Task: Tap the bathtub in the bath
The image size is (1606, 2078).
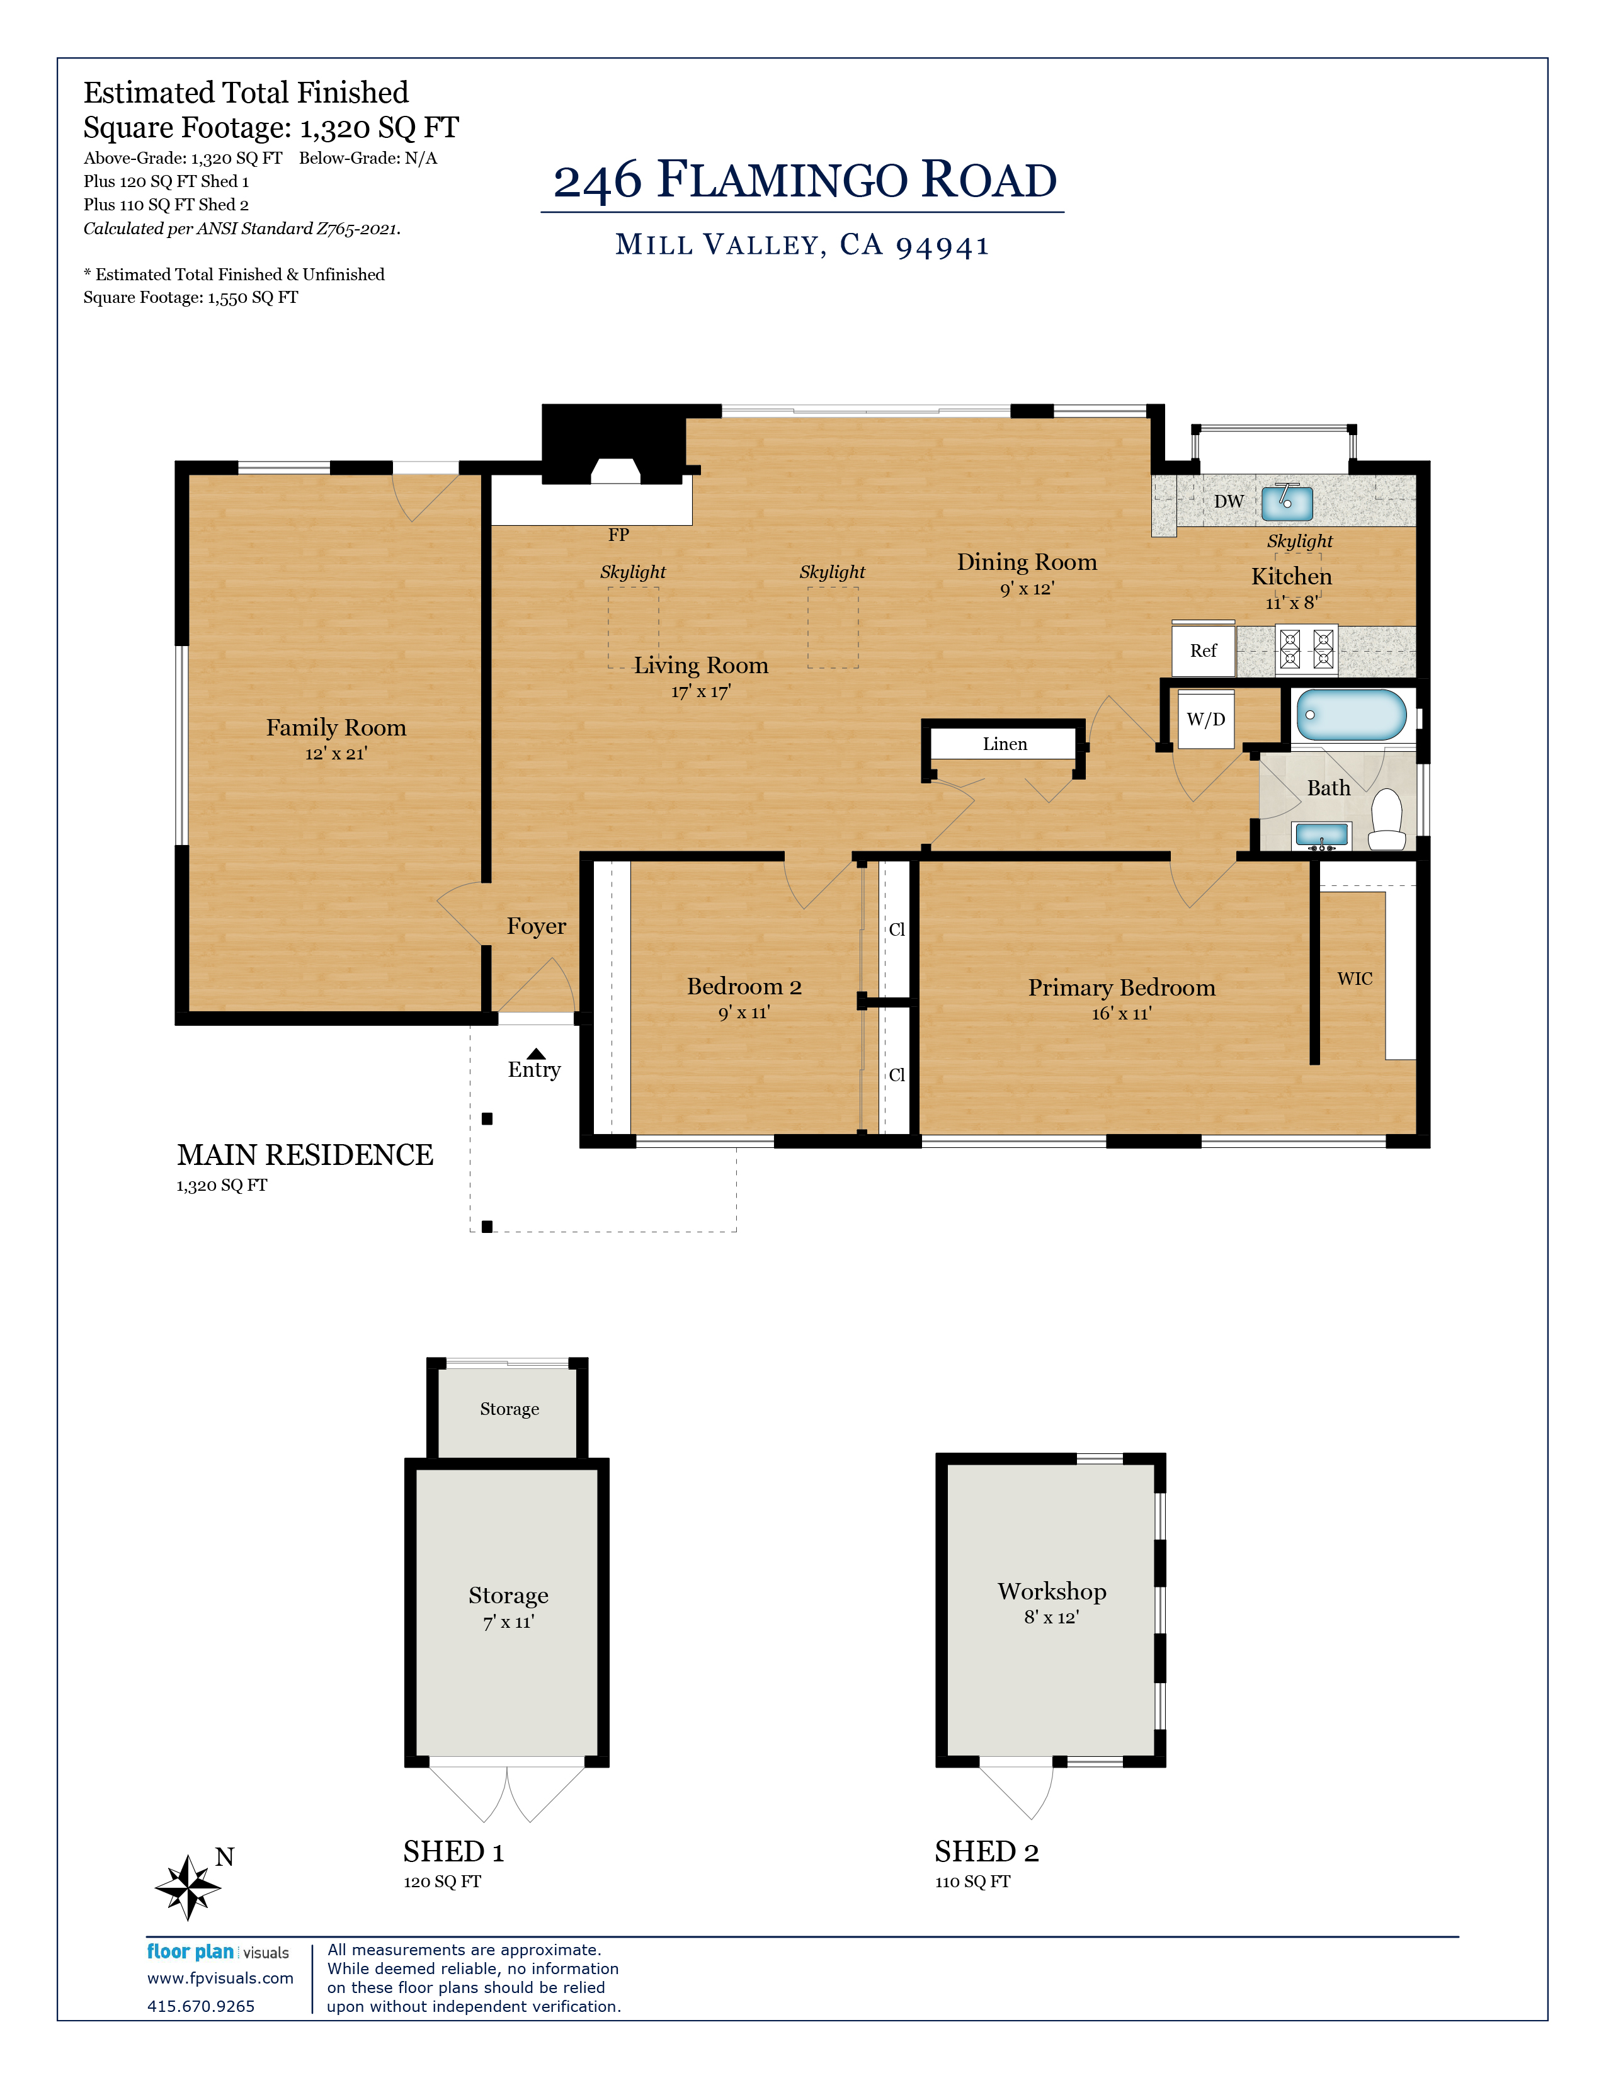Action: [1351, 715]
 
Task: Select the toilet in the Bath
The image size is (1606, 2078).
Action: [1387, 820]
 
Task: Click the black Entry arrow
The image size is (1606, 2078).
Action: [537, 1053]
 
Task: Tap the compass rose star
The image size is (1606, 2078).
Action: [190, 1886]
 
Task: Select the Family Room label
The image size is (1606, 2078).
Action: [336, 728]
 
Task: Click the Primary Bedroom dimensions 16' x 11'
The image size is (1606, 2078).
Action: [1122, 1013]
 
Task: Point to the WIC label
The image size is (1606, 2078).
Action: [1355, 979]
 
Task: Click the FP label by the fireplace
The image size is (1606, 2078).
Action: [618, 535]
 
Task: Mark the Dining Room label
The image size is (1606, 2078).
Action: [1028, 562]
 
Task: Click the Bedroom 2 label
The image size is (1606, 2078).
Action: [744, 987]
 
